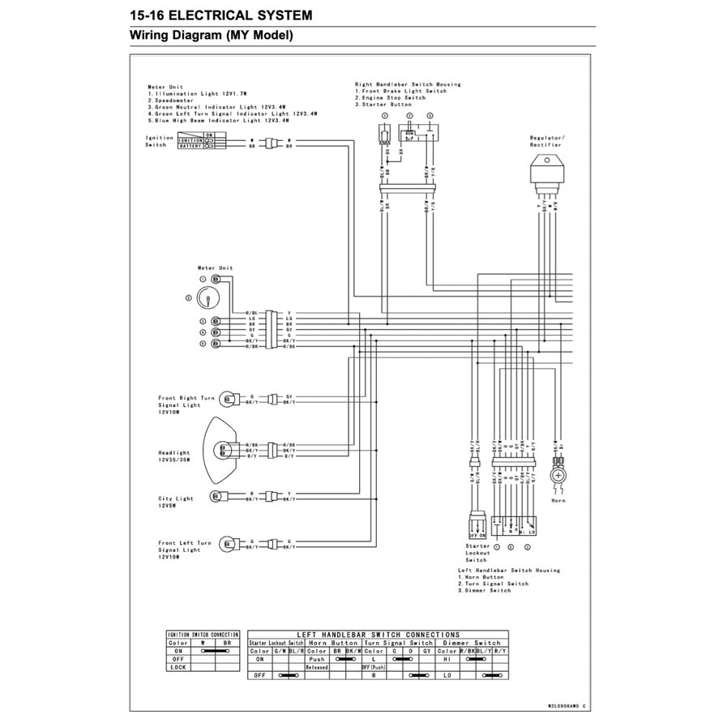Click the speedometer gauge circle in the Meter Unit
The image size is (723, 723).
click(207, 298)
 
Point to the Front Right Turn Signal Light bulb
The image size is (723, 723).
click(229, 399)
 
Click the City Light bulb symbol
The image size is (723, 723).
click(216, 497)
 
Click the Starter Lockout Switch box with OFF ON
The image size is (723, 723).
click(476, 525)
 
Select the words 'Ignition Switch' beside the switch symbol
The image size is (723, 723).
click(156, 141)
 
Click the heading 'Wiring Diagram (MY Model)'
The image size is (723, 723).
click(212, 36)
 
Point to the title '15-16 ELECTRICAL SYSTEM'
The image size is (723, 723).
click(220, 15)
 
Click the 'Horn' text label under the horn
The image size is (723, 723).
click(558, 501)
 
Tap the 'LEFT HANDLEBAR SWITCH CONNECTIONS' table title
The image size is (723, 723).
click(379, 635)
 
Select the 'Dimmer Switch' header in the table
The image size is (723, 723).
click(471, 643)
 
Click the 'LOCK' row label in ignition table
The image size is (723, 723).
click(179, 667)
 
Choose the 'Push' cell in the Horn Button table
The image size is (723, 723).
click(317, 659)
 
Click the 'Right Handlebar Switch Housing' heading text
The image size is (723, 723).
click(408, 84)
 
